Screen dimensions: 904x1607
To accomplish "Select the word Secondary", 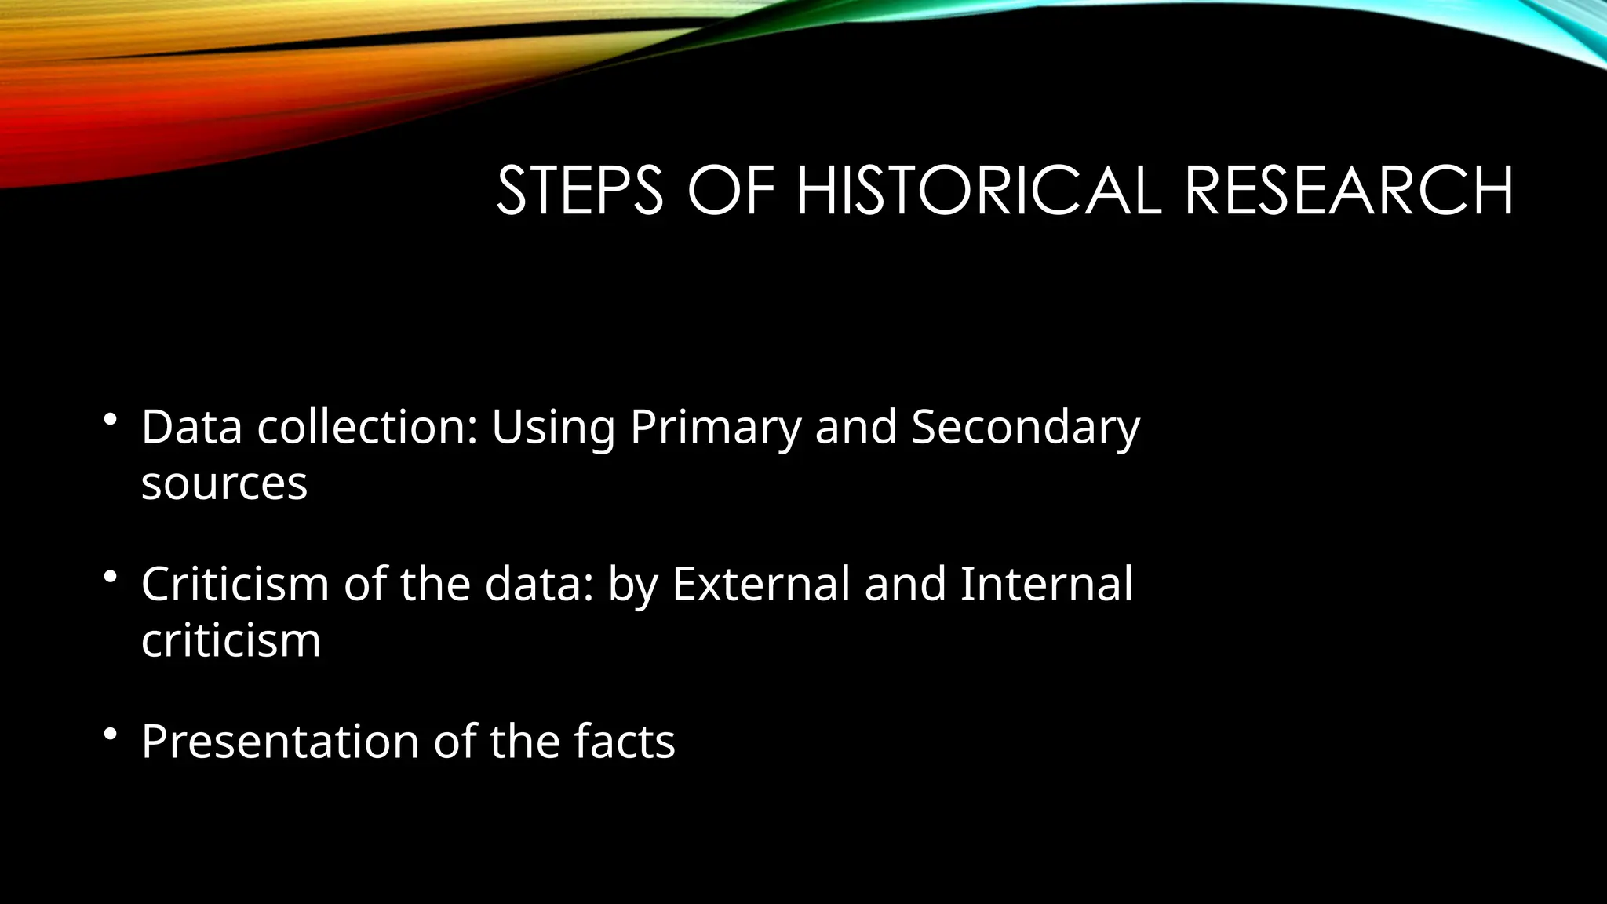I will [1025, 428].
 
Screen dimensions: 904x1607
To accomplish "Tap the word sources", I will [224, 484].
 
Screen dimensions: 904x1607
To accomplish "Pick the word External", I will [761, 585].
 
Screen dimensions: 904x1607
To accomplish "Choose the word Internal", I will [1047, 585].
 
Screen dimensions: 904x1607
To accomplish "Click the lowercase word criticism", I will [231, 641].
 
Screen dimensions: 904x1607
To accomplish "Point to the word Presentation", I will [280, 742].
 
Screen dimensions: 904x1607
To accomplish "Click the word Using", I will [553, 428].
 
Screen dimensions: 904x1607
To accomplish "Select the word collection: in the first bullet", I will [367, 428].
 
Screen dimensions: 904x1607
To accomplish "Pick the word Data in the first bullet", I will [191, 428].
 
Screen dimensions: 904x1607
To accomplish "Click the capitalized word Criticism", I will [235, 585].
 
